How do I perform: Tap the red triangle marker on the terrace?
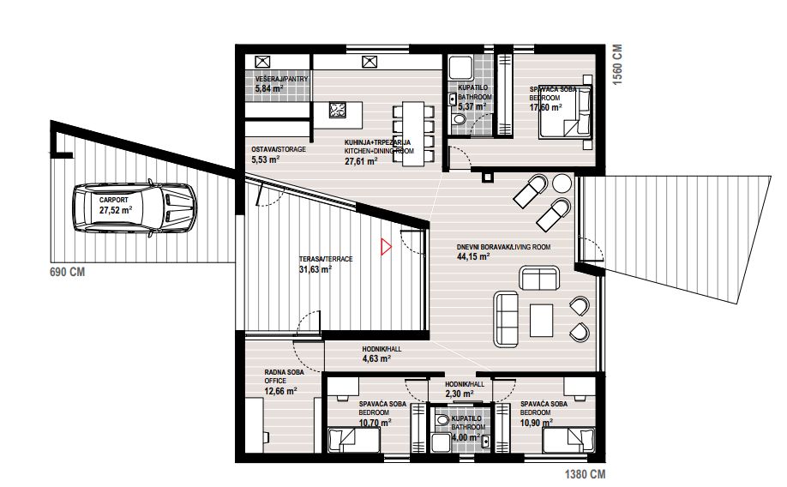[x=386, y=247]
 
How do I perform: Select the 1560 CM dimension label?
[x=617, y=64]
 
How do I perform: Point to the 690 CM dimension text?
[x=67, y=272]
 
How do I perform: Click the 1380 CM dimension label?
[x=586, y=474]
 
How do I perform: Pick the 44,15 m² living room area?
[x=473, y=256]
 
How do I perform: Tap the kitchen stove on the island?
[x=337, y=110]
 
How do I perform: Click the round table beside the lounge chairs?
[x=562, y=183]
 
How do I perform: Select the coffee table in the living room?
[x=542, y=320]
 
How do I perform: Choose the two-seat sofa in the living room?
[x=539, y=279]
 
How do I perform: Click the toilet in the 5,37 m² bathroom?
[x=459, y=119]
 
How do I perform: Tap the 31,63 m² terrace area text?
[x=315, y=269]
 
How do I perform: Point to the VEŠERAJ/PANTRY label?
[x=281, y=80]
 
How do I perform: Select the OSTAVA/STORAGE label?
[x=279, y=149]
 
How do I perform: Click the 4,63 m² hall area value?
[x=376, y=358]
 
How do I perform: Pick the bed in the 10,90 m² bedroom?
[x=568, y=440]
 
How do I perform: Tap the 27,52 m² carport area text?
[x=116, y=210]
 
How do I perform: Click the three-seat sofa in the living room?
[x=506, y=319]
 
